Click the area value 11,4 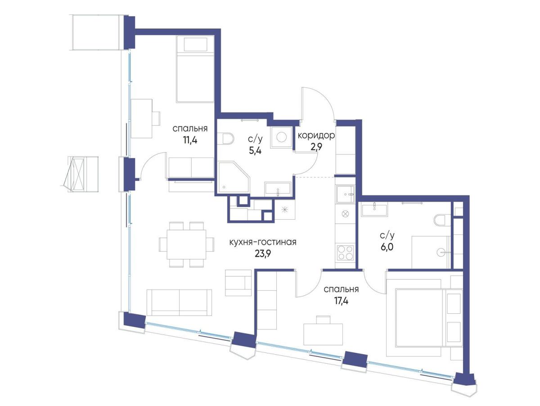tap(190, 140)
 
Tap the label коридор tap(316, 135)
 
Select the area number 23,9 tap(263, 254)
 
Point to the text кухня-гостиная tap(263, 242)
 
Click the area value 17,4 tap(341, 301)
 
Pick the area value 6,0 tap(387, 247)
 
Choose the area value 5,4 tap(255, 150)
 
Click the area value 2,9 tap(316, 147)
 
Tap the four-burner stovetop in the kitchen tap(345, 253)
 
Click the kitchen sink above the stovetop tap(346, 194)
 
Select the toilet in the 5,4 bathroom tap(228, 139)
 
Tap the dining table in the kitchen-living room tap(186, 244)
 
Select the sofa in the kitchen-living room tap(179, 302)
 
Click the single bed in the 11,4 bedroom tap(195, 69)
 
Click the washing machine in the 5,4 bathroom tap(281, 137)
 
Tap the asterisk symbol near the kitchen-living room tap(284, 210)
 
